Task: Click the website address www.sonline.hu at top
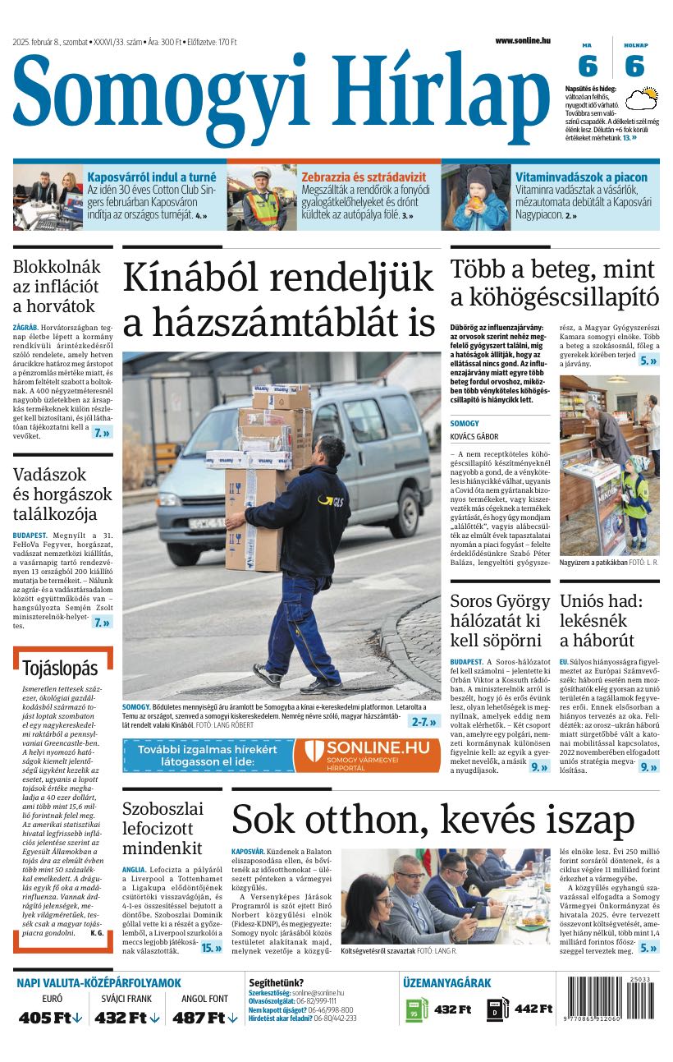tap(522, 40)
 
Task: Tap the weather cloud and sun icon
tap(642, 100)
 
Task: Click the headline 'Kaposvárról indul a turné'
tap(152, 177)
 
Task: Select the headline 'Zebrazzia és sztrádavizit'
tap(364, 177)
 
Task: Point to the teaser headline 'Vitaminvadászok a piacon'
tap(581, 177)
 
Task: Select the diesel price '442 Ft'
tap(533, 1009)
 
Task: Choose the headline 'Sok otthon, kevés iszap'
tap(433, 820)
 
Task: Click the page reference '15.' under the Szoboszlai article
tap(211, 947)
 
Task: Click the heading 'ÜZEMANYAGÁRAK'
tap(446, 982)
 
